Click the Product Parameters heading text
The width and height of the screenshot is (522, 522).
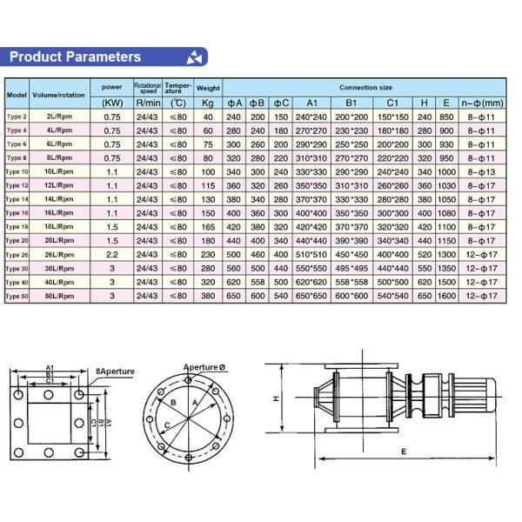coord(75,57)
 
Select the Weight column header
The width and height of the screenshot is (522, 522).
coord(208,89)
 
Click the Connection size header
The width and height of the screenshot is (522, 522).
coord(365,88)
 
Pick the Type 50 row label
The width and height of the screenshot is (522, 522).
coord(17,296)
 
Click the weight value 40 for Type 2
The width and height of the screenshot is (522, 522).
coord(208,117)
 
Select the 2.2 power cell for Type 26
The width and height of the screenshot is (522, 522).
coord(112,254)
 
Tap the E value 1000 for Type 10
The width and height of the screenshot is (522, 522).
coord(446,172)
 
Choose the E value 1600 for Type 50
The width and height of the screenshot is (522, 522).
coord(446,296)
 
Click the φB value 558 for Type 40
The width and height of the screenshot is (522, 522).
coord(258,282)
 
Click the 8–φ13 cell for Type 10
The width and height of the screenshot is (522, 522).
coord(484,172)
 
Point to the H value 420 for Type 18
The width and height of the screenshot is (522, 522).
coord(425,226)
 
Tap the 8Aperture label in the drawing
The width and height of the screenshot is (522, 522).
coord(115,371)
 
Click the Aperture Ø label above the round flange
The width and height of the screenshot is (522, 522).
coord(205,366)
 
